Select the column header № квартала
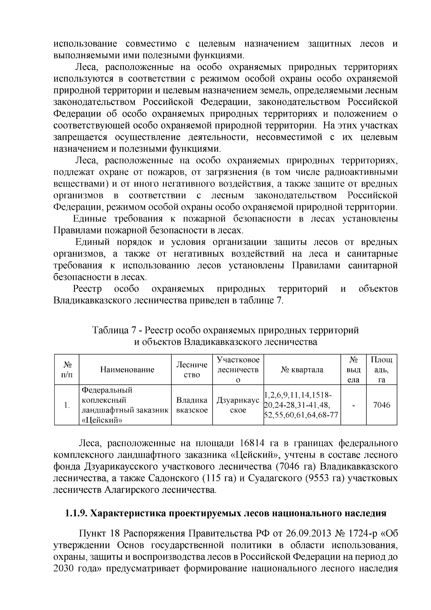[x=302, y=370]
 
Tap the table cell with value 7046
[x=381, y=405]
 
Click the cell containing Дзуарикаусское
[x=238, y=405]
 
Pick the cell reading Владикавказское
[x=192, y=405]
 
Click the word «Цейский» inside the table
[x=100, y=421]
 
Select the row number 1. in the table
[x=66, y=405]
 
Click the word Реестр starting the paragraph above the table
[x=87, y=289]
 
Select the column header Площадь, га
[x=381, y=370]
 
